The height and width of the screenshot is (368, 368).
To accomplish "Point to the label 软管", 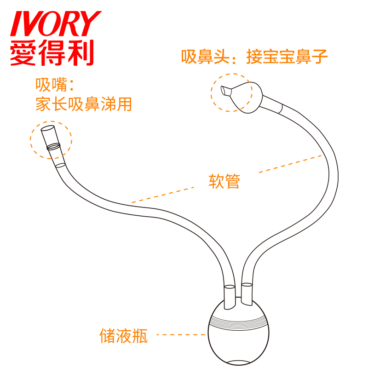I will (x=224, y=181).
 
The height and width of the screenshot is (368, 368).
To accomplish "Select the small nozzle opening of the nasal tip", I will (x=225, y=91).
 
